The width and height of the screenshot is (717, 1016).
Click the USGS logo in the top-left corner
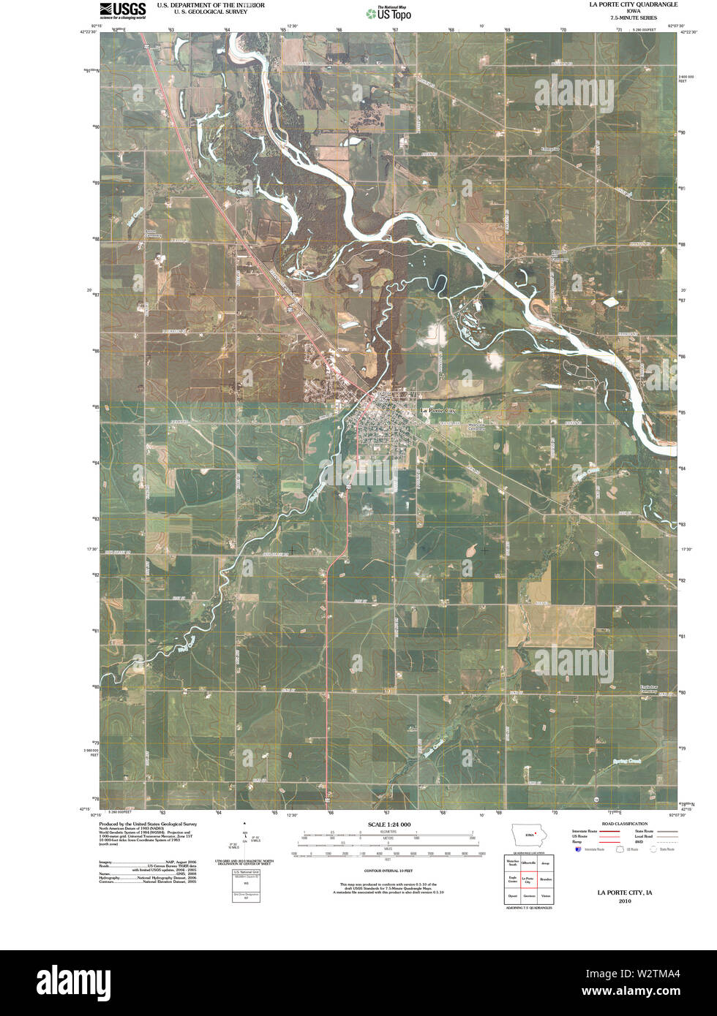point(122,10)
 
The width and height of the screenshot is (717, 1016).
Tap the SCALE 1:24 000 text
point(385,824)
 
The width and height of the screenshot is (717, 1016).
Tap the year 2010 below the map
point(624,901)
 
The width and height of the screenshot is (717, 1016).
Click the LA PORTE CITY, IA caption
point(624,892)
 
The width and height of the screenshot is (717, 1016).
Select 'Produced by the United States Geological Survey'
point(149,823)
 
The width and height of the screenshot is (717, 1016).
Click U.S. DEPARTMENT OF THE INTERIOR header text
point(211,5)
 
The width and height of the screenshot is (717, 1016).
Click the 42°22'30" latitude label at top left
point(89,31)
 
